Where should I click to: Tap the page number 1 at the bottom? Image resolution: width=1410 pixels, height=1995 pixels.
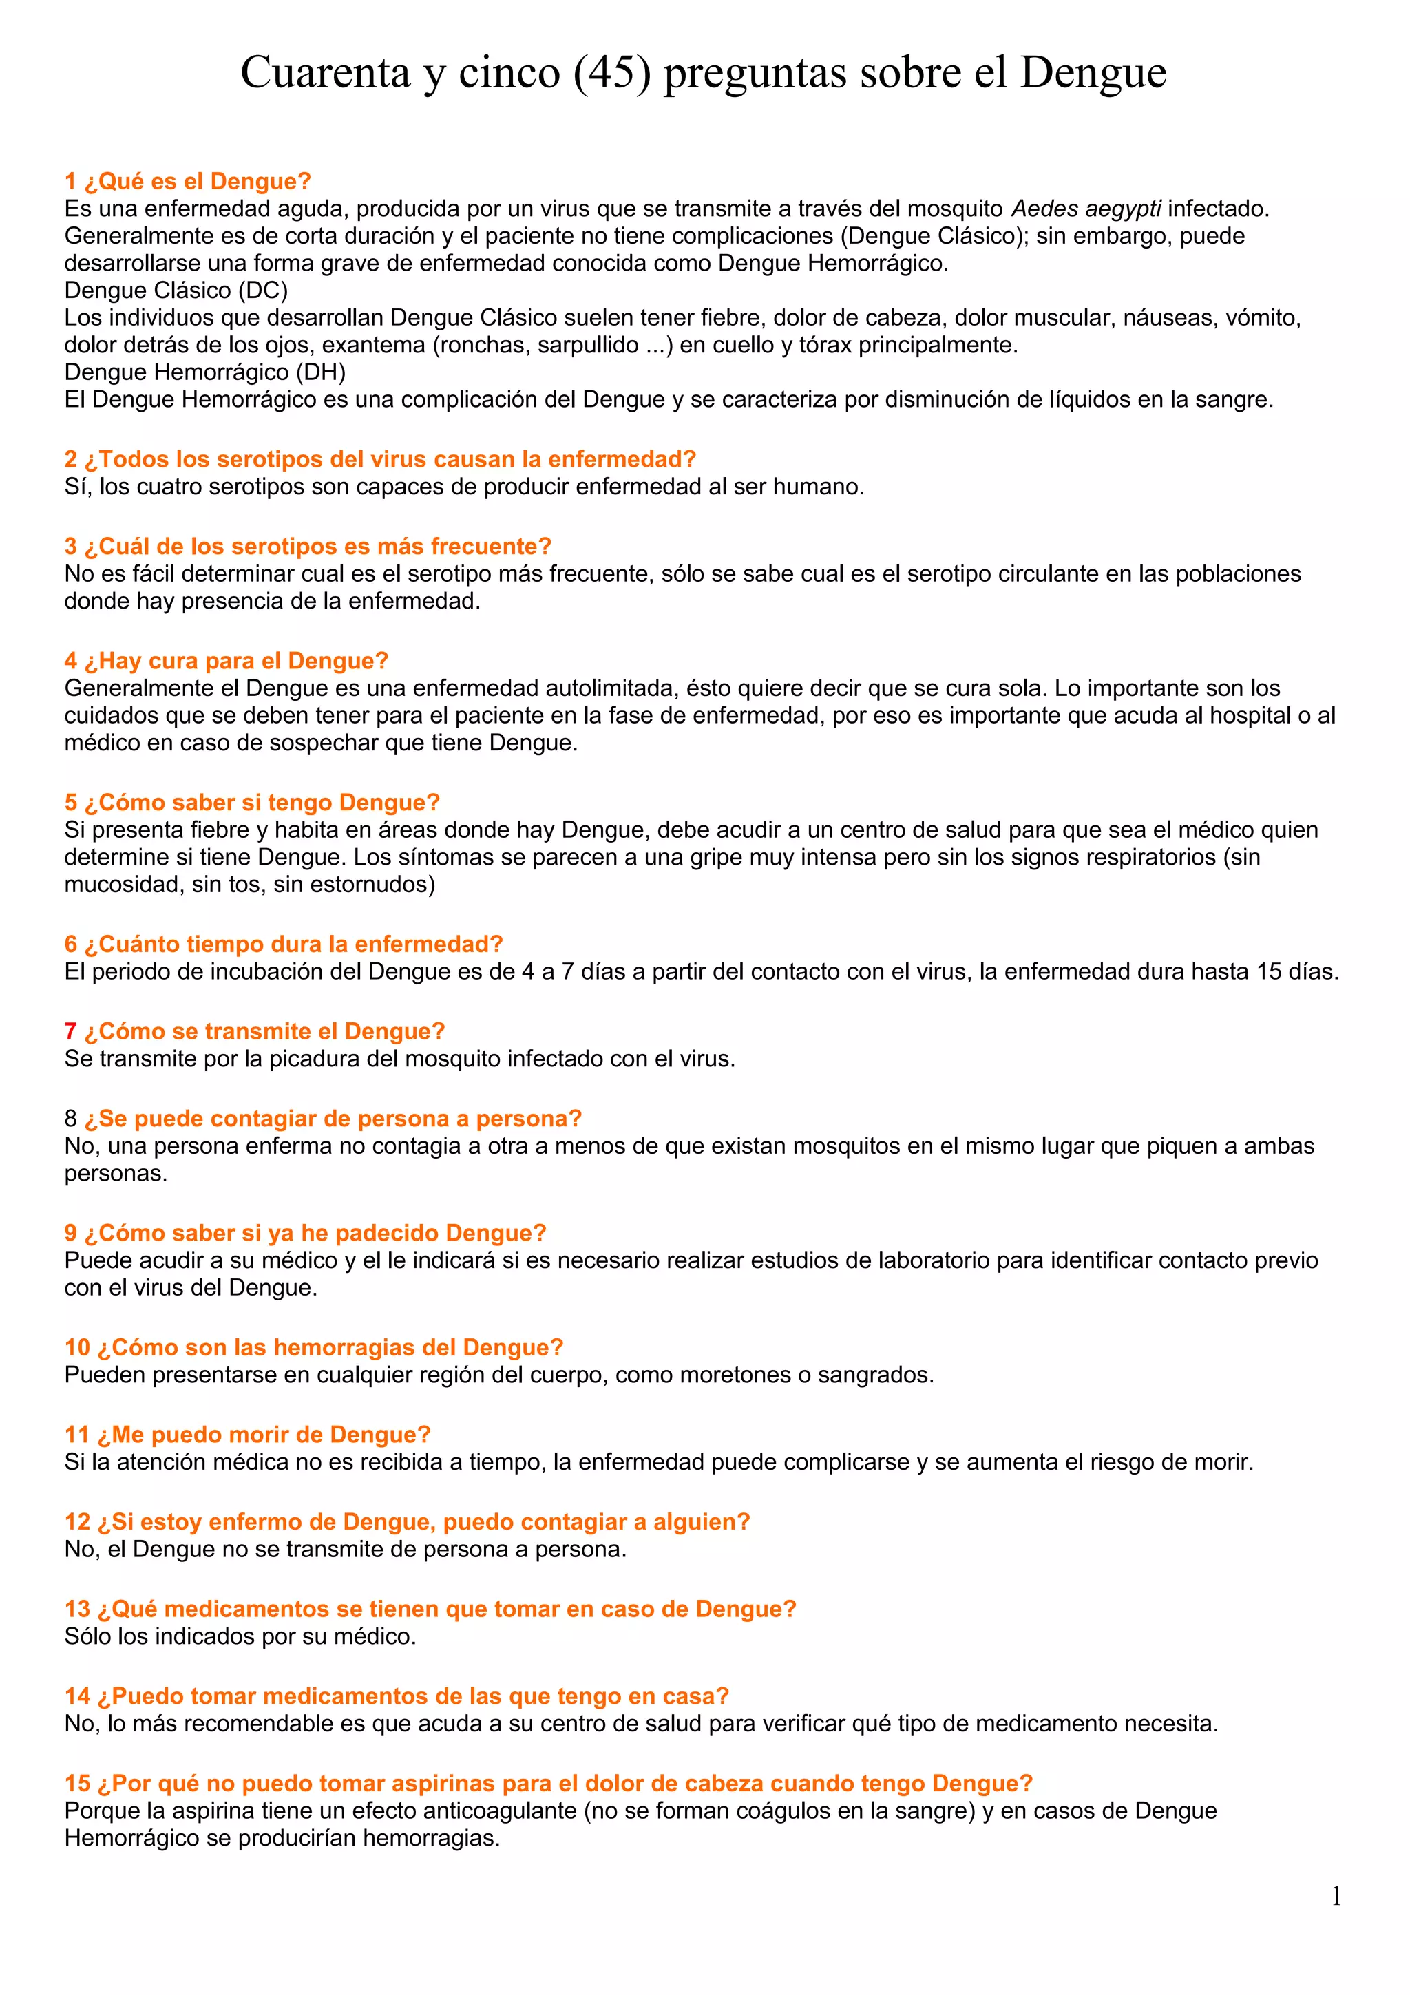[x=1336, y=1896]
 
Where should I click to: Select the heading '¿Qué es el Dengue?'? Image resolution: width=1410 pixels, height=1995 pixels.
[x=197, y=181]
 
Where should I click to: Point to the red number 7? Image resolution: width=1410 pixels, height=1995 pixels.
[x=70, y=1031]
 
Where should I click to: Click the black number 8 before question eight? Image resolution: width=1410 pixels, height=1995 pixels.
[x=70, y=1118]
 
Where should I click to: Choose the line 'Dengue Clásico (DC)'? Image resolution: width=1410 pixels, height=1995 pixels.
[x=176, y=291]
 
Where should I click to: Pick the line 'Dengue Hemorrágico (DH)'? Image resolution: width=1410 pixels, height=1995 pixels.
[x=205, y=372]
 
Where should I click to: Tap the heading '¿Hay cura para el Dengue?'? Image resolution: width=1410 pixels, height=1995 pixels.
[x=235, y=662]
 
